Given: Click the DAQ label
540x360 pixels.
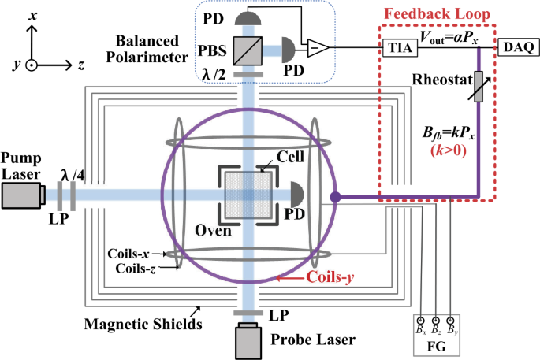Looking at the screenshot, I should point(520,49).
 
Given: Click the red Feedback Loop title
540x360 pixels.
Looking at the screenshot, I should point(438,13).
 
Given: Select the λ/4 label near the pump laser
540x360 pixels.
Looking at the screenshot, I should point(71,176).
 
